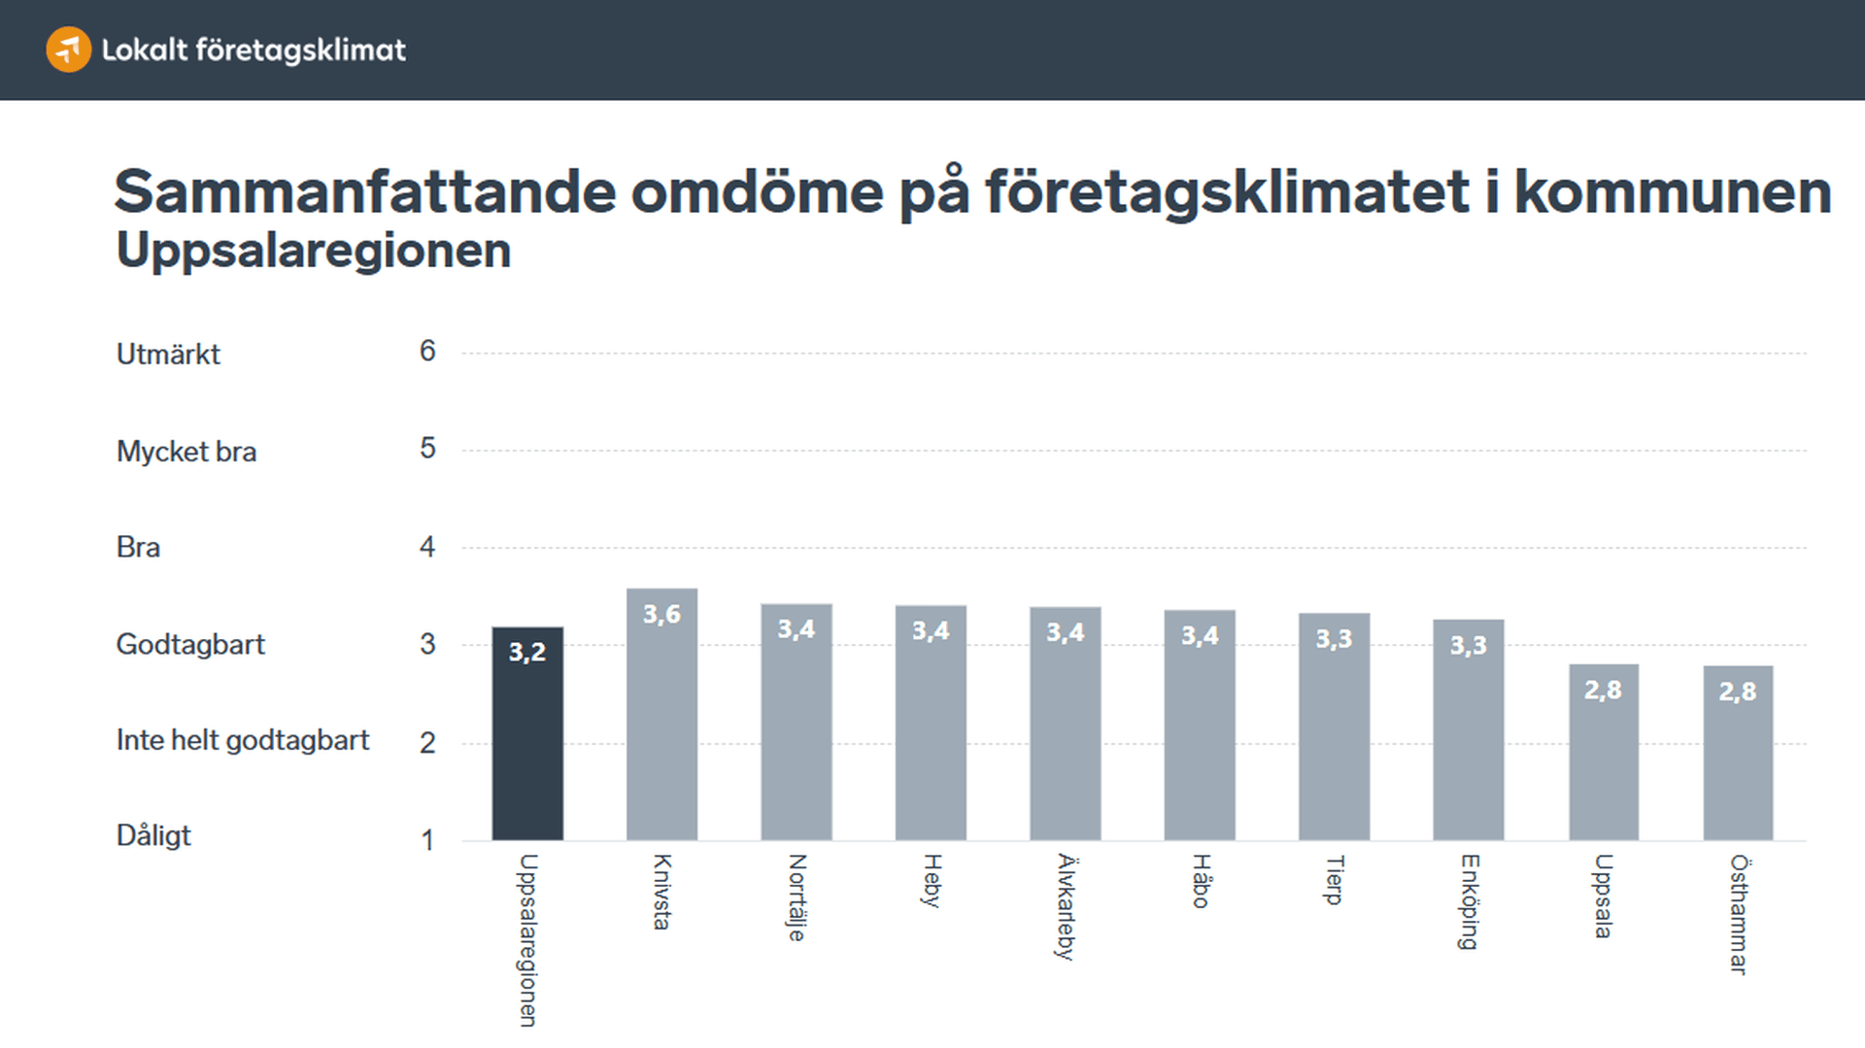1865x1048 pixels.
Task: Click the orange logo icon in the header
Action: tap(68, 50)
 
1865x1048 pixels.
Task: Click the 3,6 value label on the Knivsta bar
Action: tap(661, 614)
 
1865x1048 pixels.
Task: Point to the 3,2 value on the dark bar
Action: tap(527, 652)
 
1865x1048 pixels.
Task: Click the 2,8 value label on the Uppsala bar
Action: tap(1603, 690)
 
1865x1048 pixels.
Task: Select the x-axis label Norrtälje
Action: tap(797, 897)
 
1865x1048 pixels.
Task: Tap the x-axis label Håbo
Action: tap(1201, 881)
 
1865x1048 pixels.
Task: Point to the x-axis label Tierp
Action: tap(1335, 880)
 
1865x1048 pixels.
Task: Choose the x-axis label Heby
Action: tap(932, 881)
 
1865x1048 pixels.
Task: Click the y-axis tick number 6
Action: tap(427, 351)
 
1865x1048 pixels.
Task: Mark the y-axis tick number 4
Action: tap(427, 547)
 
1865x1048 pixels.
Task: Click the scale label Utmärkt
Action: tap(168, 355)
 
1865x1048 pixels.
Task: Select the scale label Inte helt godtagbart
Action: tap(243, 740)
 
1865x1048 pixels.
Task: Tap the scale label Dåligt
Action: tap(153, 835)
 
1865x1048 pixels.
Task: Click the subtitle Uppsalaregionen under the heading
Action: tap(313, 251)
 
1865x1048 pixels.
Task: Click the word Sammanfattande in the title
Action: tap(364, 191)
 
